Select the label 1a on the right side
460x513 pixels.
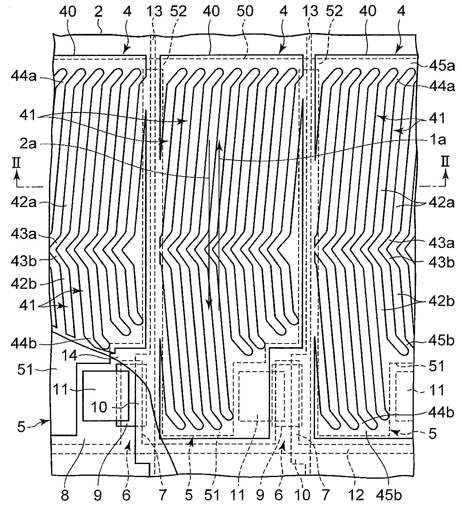[437, 140]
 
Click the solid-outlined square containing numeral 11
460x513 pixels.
[100, 395]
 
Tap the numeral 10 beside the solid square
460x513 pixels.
[99, 407]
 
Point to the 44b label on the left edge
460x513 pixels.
[27, 343]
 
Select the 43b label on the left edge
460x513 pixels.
[27, 260]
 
